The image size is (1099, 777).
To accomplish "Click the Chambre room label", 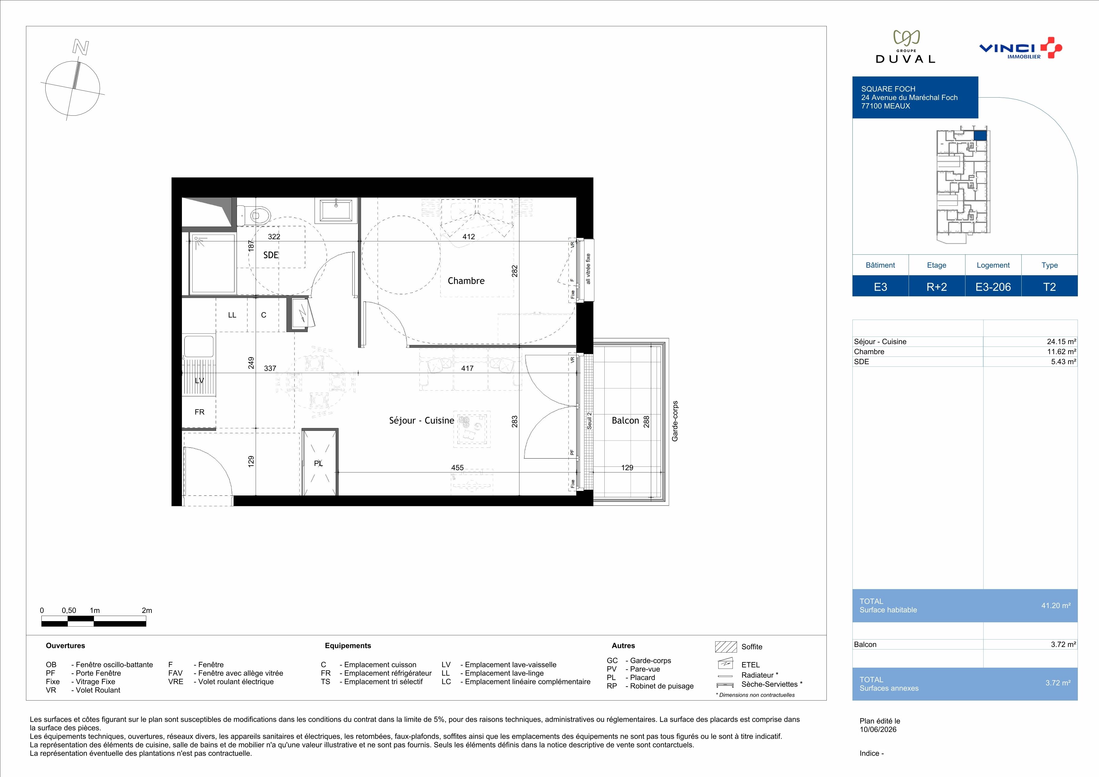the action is (466, 281).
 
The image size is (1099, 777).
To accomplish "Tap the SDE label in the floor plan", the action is (271, 255).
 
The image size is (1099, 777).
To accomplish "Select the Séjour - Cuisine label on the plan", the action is (421, 421).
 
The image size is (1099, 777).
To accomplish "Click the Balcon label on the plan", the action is (625, 421).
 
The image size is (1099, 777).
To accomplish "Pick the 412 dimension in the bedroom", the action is (469, 236).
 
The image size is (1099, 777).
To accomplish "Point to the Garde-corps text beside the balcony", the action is (675, 421).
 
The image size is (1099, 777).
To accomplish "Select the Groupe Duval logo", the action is (905, 47).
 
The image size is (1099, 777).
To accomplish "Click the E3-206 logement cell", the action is (993, 287).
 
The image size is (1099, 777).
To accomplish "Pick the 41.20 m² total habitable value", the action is (1056, 606).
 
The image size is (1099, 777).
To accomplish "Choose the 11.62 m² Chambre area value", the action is (1062, 352).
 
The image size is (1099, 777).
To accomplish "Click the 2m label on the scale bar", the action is (147, 611).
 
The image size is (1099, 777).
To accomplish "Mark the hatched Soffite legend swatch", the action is (726, 647).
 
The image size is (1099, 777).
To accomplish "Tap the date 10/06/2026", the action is (878, 730).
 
